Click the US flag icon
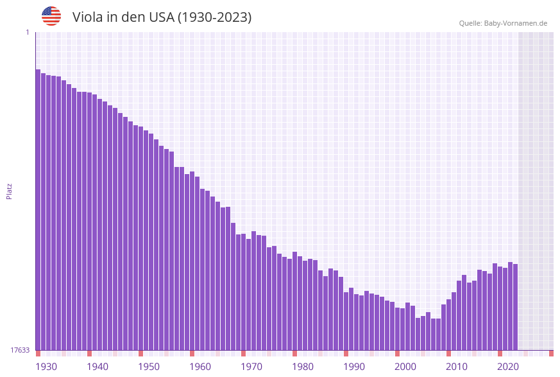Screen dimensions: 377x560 [x=51, y=16]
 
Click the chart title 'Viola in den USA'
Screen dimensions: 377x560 [x=162, y=17]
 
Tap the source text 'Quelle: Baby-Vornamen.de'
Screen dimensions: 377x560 [x=503, y=23]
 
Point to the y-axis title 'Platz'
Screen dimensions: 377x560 [x=10, y=191]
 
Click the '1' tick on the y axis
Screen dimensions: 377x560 [x=27, y=32]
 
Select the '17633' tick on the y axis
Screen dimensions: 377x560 [x=20, y=350]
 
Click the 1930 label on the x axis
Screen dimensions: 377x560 [x=46, y=366]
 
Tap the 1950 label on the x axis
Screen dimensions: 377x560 [x=149, y=366]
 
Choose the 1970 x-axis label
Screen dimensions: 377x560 [x=251, y=366]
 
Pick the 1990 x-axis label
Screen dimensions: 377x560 [x=354, y=366]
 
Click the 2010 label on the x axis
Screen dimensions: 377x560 [x=457, y=366]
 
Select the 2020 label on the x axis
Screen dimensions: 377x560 [x=508, y=366]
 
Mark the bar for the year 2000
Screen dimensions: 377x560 [x=397, y=329]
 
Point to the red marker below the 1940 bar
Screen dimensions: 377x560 [x=89, y=353]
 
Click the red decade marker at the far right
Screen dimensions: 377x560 [x=551, y=353]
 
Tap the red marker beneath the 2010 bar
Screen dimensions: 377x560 [x=448, y=353]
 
